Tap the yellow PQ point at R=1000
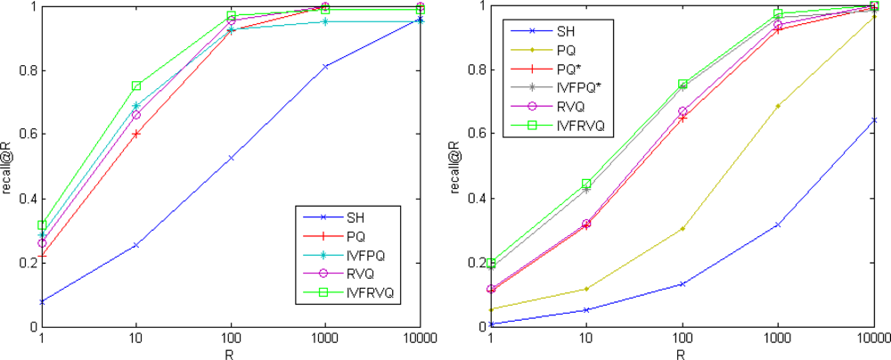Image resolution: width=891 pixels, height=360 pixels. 778,106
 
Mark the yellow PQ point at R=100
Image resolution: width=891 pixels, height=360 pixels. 683,228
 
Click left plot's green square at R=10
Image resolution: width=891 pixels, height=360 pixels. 136,86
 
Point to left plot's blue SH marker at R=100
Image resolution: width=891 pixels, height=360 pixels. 231,158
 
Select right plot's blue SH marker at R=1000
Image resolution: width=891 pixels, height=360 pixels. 778,225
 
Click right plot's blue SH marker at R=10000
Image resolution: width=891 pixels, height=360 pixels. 873,120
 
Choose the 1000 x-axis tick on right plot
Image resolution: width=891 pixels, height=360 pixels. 778,339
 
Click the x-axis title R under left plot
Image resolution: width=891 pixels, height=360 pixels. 231,353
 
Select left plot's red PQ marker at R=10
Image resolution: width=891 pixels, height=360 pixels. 136,134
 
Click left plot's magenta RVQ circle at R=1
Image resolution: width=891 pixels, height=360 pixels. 41,243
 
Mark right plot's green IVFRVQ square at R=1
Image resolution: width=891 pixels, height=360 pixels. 491,263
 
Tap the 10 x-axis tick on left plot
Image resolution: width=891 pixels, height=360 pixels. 135,339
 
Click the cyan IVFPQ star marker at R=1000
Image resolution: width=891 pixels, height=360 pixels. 325,21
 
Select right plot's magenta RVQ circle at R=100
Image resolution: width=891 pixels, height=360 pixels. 683,112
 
